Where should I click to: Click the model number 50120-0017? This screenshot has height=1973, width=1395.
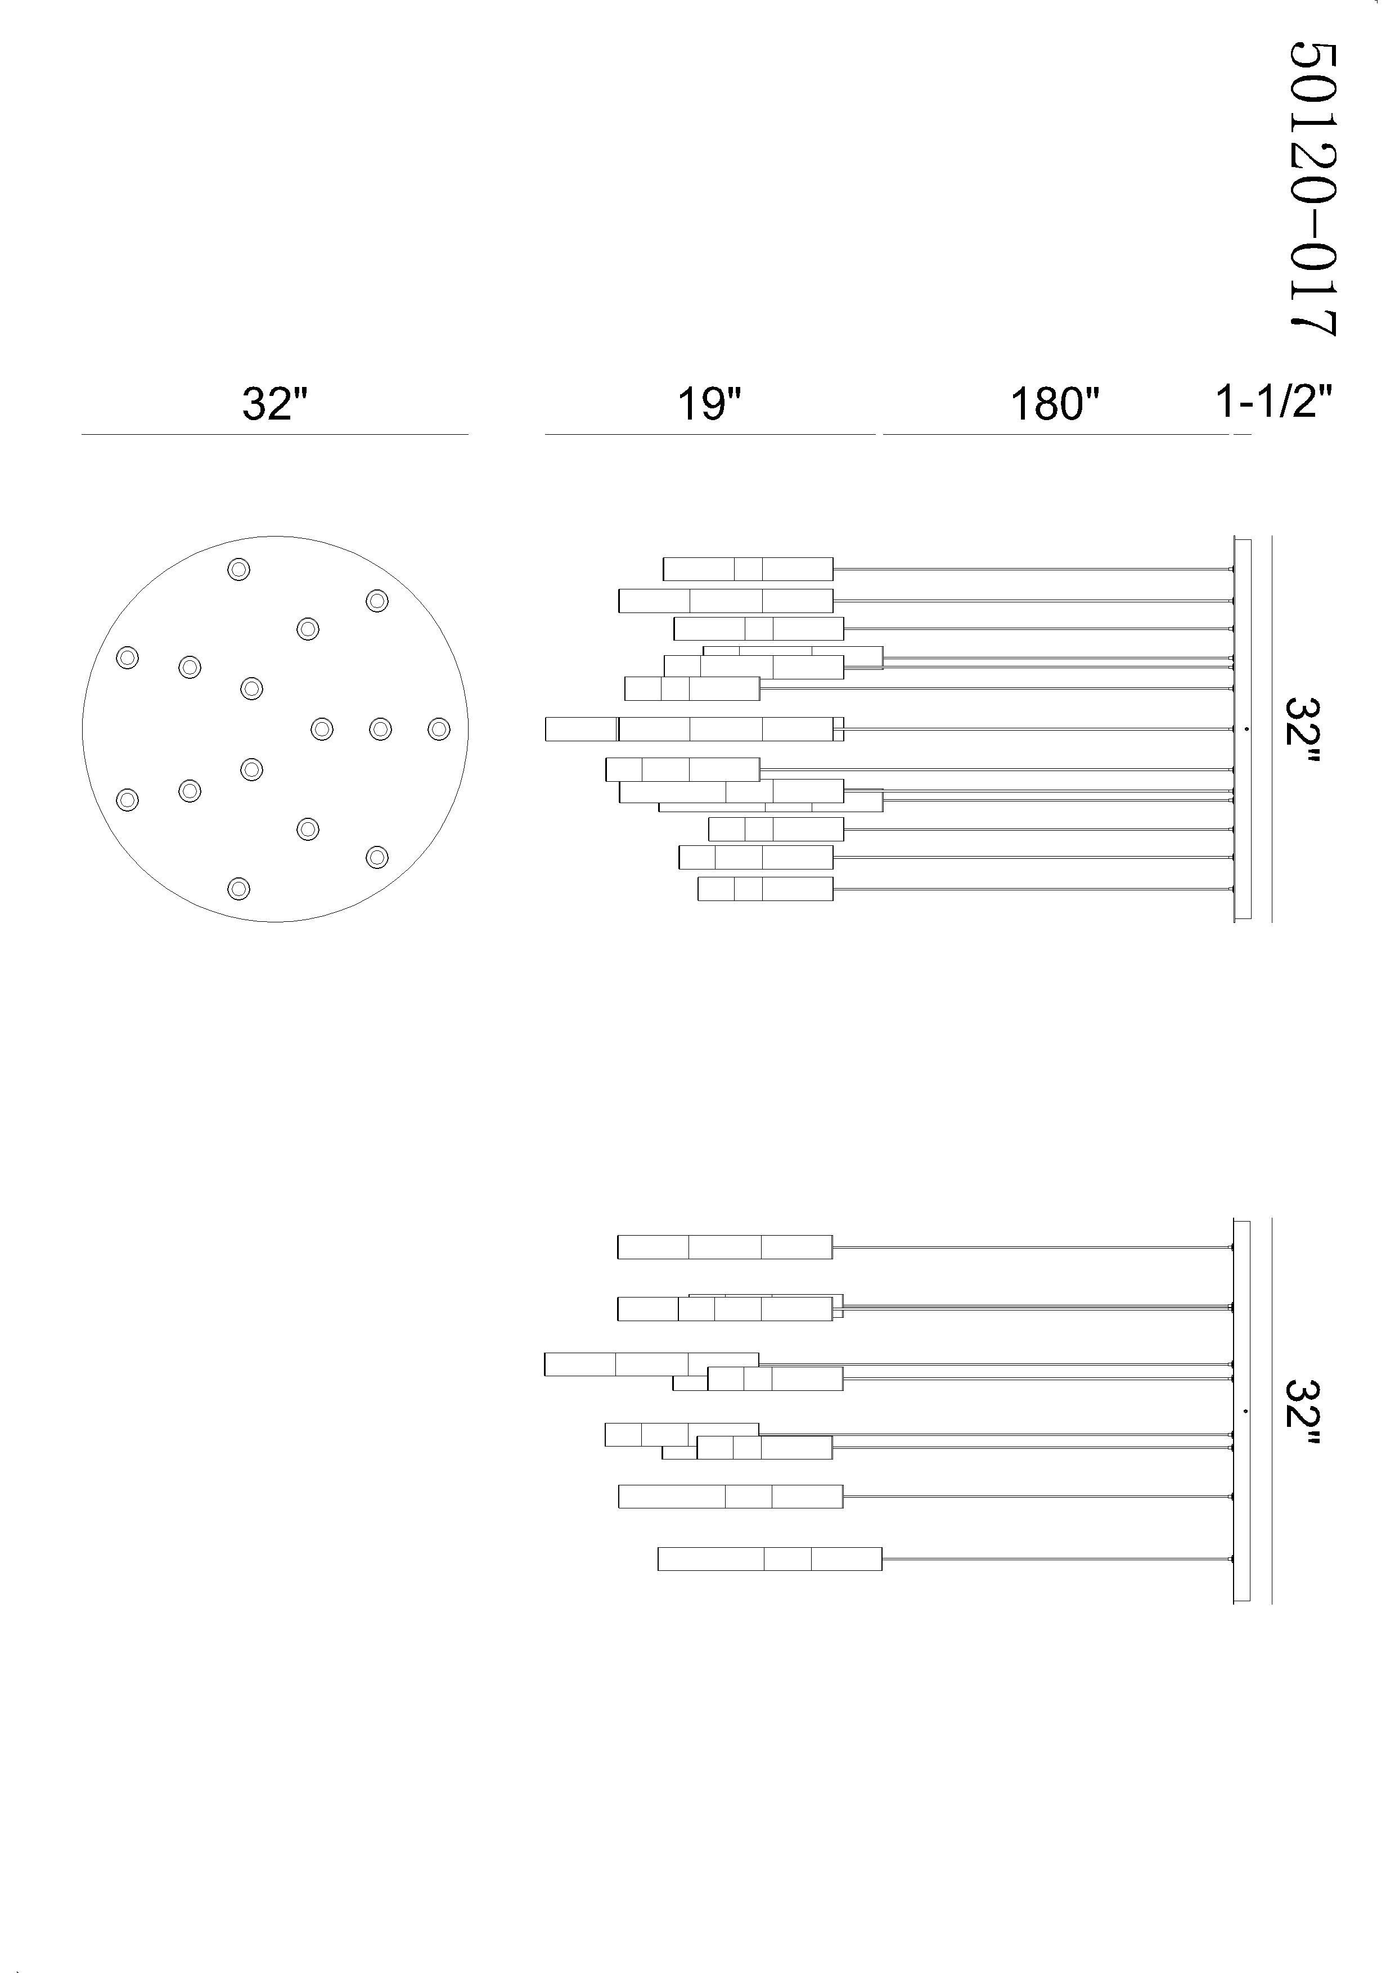point(1312,190)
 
